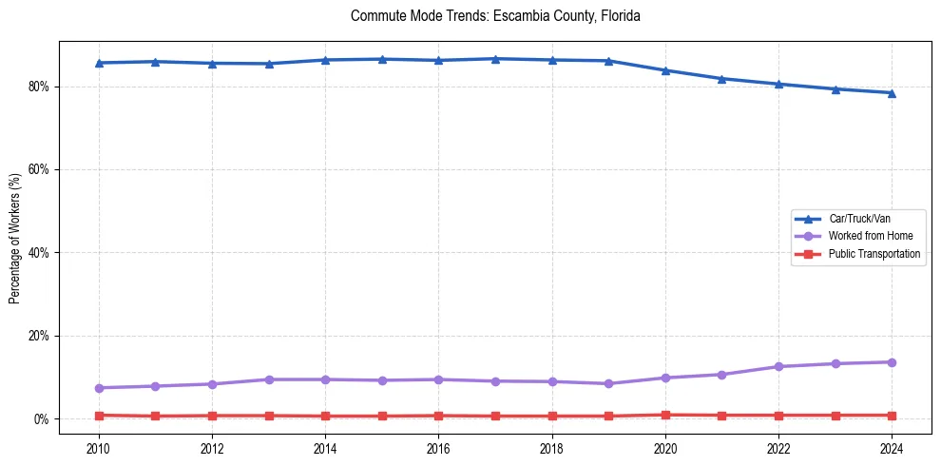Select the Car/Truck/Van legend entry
859,219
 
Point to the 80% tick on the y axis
40,87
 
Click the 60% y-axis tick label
40,169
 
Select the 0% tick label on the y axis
43,419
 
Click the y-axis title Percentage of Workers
15,238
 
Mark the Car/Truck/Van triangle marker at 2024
892,93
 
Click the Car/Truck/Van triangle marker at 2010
99,63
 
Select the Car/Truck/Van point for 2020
665,70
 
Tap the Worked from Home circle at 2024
892,362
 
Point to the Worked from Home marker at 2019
608,384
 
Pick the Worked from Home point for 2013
269,379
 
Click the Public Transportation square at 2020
665,415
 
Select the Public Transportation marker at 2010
99,416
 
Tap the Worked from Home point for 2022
778,366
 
